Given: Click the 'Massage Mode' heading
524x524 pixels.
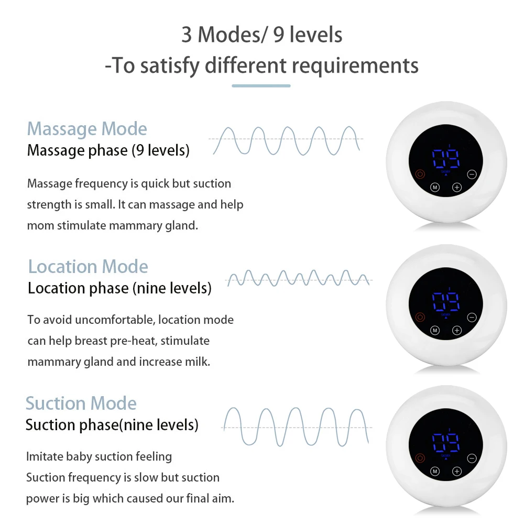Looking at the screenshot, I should (87, 129).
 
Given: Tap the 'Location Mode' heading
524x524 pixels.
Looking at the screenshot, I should (88, 266).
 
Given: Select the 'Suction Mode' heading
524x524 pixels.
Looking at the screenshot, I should (81, 403).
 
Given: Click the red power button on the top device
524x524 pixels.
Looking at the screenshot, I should (420, 174).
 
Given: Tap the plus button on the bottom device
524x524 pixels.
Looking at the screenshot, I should (456, 472).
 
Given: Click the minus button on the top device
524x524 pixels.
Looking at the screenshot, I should (472, 174).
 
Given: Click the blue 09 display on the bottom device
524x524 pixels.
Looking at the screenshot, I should (445, 443).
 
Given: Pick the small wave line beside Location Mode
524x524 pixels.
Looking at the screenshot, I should (298, 278).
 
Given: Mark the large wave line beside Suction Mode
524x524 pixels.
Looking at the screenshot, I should (297, 427).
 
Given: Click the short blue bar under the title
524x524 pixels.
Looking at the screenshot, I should (261, 85).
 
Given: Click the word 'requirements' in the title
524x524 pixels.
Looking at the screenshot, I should (355, 67).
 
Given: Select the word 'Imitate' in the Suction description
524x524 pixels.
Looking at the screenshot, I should (45, 456).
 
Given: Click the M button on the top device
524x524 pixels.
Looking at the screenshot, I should (435, 188).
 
